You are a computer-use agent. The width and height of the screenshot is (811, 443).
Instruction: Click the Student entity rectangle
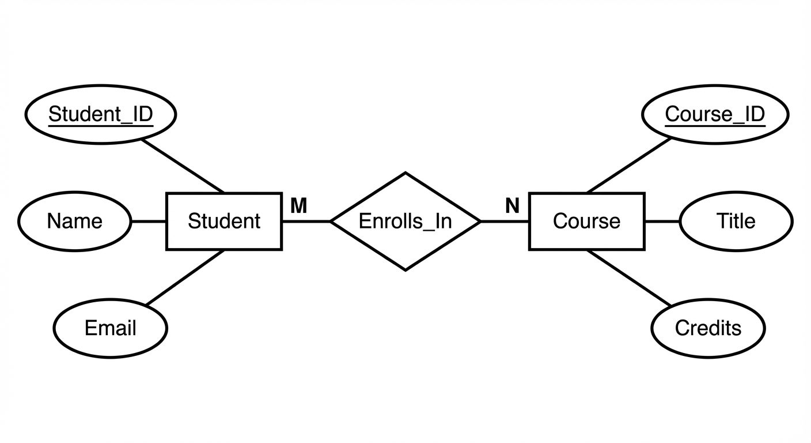click(x=224, y=221)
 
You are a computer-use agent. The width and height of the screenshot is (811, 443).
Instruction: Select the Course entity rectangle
click(x=586, y=221)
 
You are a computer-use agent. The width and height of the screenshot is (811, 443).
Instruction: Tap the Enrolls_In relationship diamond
click(x=405, y=221)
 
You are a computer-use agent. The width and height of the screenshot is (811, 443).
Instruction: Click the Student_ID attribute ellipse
click(x=100, y=114)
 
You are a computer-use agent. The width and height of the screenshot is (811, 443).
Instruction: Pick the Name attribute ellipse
click(x=74, y=221)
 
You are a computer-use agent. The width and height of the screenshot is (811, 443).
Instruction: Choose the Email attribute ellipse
click(x=110, y=328)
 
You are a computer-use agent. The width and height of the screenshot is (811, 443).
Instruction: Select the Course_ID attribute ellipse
click(x=715, y=114)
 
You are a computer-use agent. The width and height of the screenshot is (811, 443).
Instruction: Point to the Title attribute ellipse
click(x=736, y=221)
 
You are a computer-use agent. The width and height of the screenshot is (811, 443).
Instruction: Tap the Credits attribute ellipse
click(x=708, y=328)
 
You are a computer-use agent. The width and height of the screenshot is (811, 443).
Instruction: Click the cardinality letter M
click(x=298, y=205)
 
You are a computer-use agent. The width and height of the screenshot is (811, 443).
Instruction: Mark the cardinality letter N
click(x=512, y=205)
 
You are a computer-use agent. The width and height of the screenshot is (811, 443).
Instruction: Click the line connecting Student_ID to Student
click(x=183, y=166)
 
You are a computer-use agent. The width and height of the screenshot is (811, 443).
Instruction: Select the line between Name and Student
click(x=149, y=221)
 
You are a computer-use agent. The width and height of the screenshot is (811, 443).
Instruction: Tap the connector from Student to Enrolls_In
click(x=306, y=221)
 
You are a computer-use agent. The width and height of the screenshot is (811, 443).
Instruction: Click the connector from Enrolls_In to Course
click(x=505, y=221)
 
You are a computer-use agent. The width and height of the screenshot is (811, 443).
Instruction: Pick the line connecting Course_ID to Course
click(x=629, y=165)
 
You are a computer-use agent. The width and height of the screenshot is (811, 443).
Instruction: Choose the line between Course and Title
click(x=662, y=221)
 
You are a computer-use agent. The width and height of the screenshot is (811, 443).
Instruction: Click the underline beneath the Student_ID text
click(x=100, y=123)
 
